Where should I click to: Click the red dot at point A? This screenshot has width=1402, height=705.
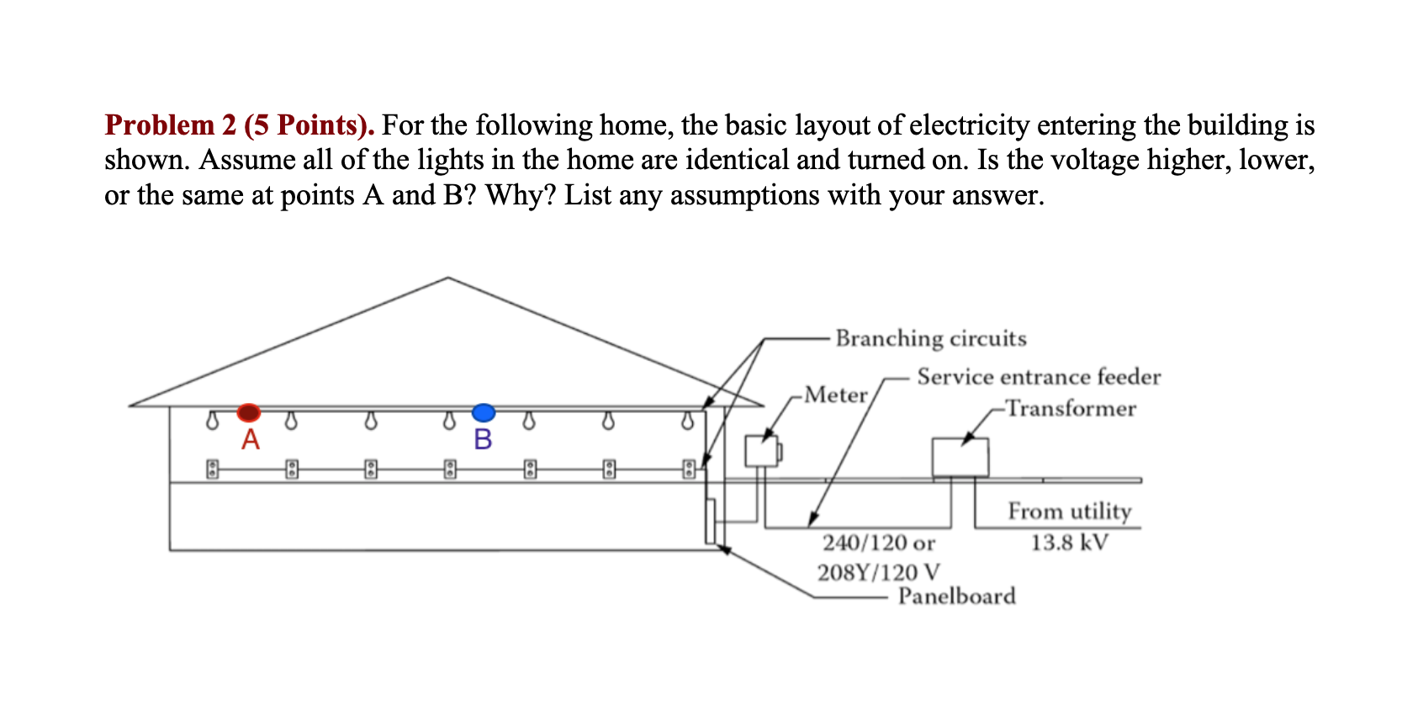[x=248, y=412]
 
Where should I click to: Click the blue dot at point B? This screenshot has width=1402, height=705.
[x=484, y=412]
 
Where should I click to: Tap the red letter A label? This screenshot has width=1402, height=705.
[x=251, y=439]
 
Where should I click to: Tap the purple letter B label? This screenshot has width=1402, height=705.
[x=483, y=439]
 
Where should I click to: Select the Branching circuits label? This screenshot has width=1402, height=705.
[x=930, y=338]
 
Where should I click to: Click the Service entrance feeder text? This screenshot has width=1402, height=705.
[x=1038, y=376]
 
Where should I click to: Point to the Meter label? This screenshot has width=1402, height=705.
[x=835, y=395]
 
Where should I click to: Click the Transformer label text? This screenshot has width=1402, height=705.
[x=1071, y=408]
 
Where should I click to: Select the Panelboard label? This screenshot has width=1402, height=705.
[x=956, y=596]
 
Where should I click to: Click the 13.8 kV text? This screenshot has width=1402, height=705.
[x=1069, y=542]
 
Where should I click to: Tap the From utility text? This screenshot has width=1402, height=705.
[x=1069, y=511]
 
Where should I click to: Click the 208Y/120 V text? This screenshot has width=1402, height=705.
[x=878, y=572]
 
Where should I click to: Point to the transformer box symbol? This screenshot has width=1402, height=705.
[x=960, y=458]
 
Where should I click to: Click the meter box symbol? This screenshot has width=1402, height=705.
[x=762, y=451]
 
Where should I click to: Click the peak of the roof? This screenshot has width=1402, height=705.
[x=448, y=278]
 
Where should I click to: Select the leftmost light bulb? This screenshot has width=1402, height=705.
[x=213, y=419]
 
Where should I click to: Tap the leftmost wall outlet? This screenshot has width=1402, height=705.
[x=213, y=469]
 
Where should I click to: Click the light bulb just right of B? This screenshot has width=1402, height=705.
[x=528, y=419]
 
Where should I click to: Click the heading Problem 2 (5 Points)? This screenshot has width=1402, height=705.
[x=239, y=125]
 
